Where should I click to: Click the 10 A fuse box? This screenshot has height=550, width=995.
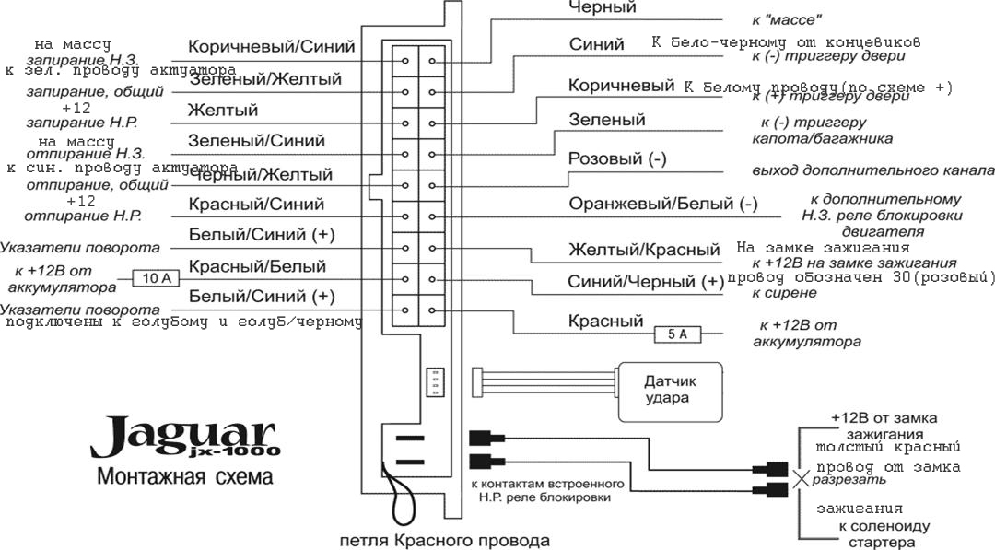[151, 277]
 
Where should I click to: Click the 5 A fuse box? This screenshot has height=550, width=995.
[677, 334]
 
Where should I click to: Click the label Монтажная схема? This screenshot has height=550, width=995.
[184, 477]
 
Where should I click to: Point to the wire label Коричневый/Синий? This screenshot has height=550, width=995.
[271, 47]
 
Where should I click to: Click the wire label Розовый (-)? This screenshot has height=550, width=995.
[617, 159]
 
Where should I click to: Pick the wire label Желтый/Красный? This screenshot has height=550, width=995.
[644, 250]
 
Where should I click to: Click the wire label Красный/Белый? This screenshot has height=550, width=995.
[257, 267]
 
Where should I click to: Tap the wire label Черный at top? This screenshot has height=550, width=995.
[603, 7]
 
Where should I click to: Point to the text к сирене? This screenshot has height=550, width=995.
[784, 293]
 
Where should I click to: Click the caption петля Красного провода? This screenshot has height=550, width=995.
[444, 541]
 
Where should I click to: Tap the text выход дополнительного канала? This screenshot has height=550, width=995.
[872, 170]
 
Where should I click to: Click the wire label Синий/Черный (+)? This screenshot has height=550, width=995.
[646, 282]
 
